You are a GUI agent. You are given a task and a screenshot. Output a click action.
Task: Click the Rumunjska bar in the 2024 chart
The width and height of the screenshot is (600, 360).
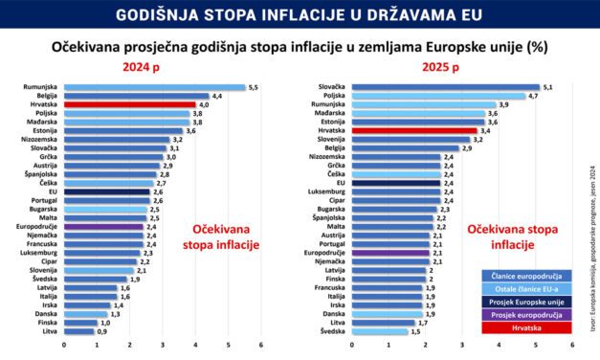[154, 87]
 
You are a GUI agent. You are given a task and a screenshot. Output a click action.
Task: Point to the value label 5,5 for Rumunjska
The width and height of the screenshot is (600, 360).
[254, 87]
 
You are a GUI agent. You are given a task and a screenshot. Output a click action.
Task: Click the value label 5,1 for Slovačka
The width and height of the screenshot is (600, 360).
[547, 87]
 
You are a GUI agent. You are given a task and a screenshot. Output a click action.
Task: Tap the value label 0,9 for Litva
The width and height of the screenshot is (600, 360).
[102, 330]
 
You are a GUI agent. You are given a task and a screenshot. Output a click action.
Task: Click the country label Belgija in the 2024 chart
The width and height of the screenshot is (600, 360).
[45, 96]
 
